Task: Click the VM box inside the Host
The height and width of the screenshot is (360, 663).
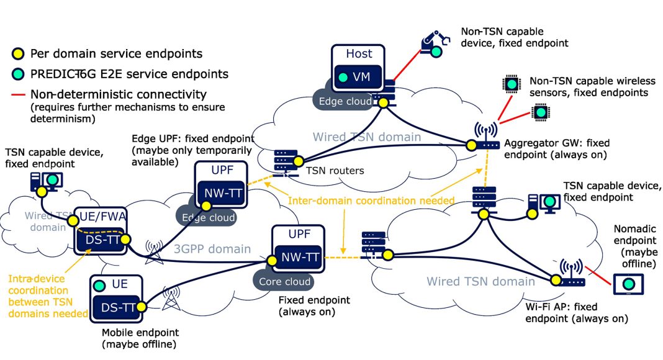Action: pyautogui.click(x=352, y=79)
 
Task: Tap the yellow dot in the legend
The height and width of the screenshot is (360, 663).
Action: pyautogui.click(x=20, y=54)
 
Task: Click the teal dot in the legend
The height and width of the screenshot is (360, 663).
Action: pyautogui.click(x=20, y=74)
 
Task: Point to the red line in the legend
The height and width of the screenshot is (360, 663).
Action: pyautogui.click(x=20, y=95)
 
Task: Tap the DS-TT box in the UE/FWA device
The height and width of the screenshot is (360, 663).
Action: pyautogui.click(x=102, y=240)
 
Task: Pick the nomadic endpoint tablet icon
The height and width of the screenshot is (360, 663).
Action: pyautogui.click(x=628, y=284)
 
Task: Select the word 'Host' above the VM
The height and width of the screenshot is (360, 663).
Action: pyautogui.click(x=359, y=54)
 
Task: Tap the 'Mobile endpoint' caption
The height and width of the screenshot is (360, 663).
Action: pyautogui.click(x=138, y=332)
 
